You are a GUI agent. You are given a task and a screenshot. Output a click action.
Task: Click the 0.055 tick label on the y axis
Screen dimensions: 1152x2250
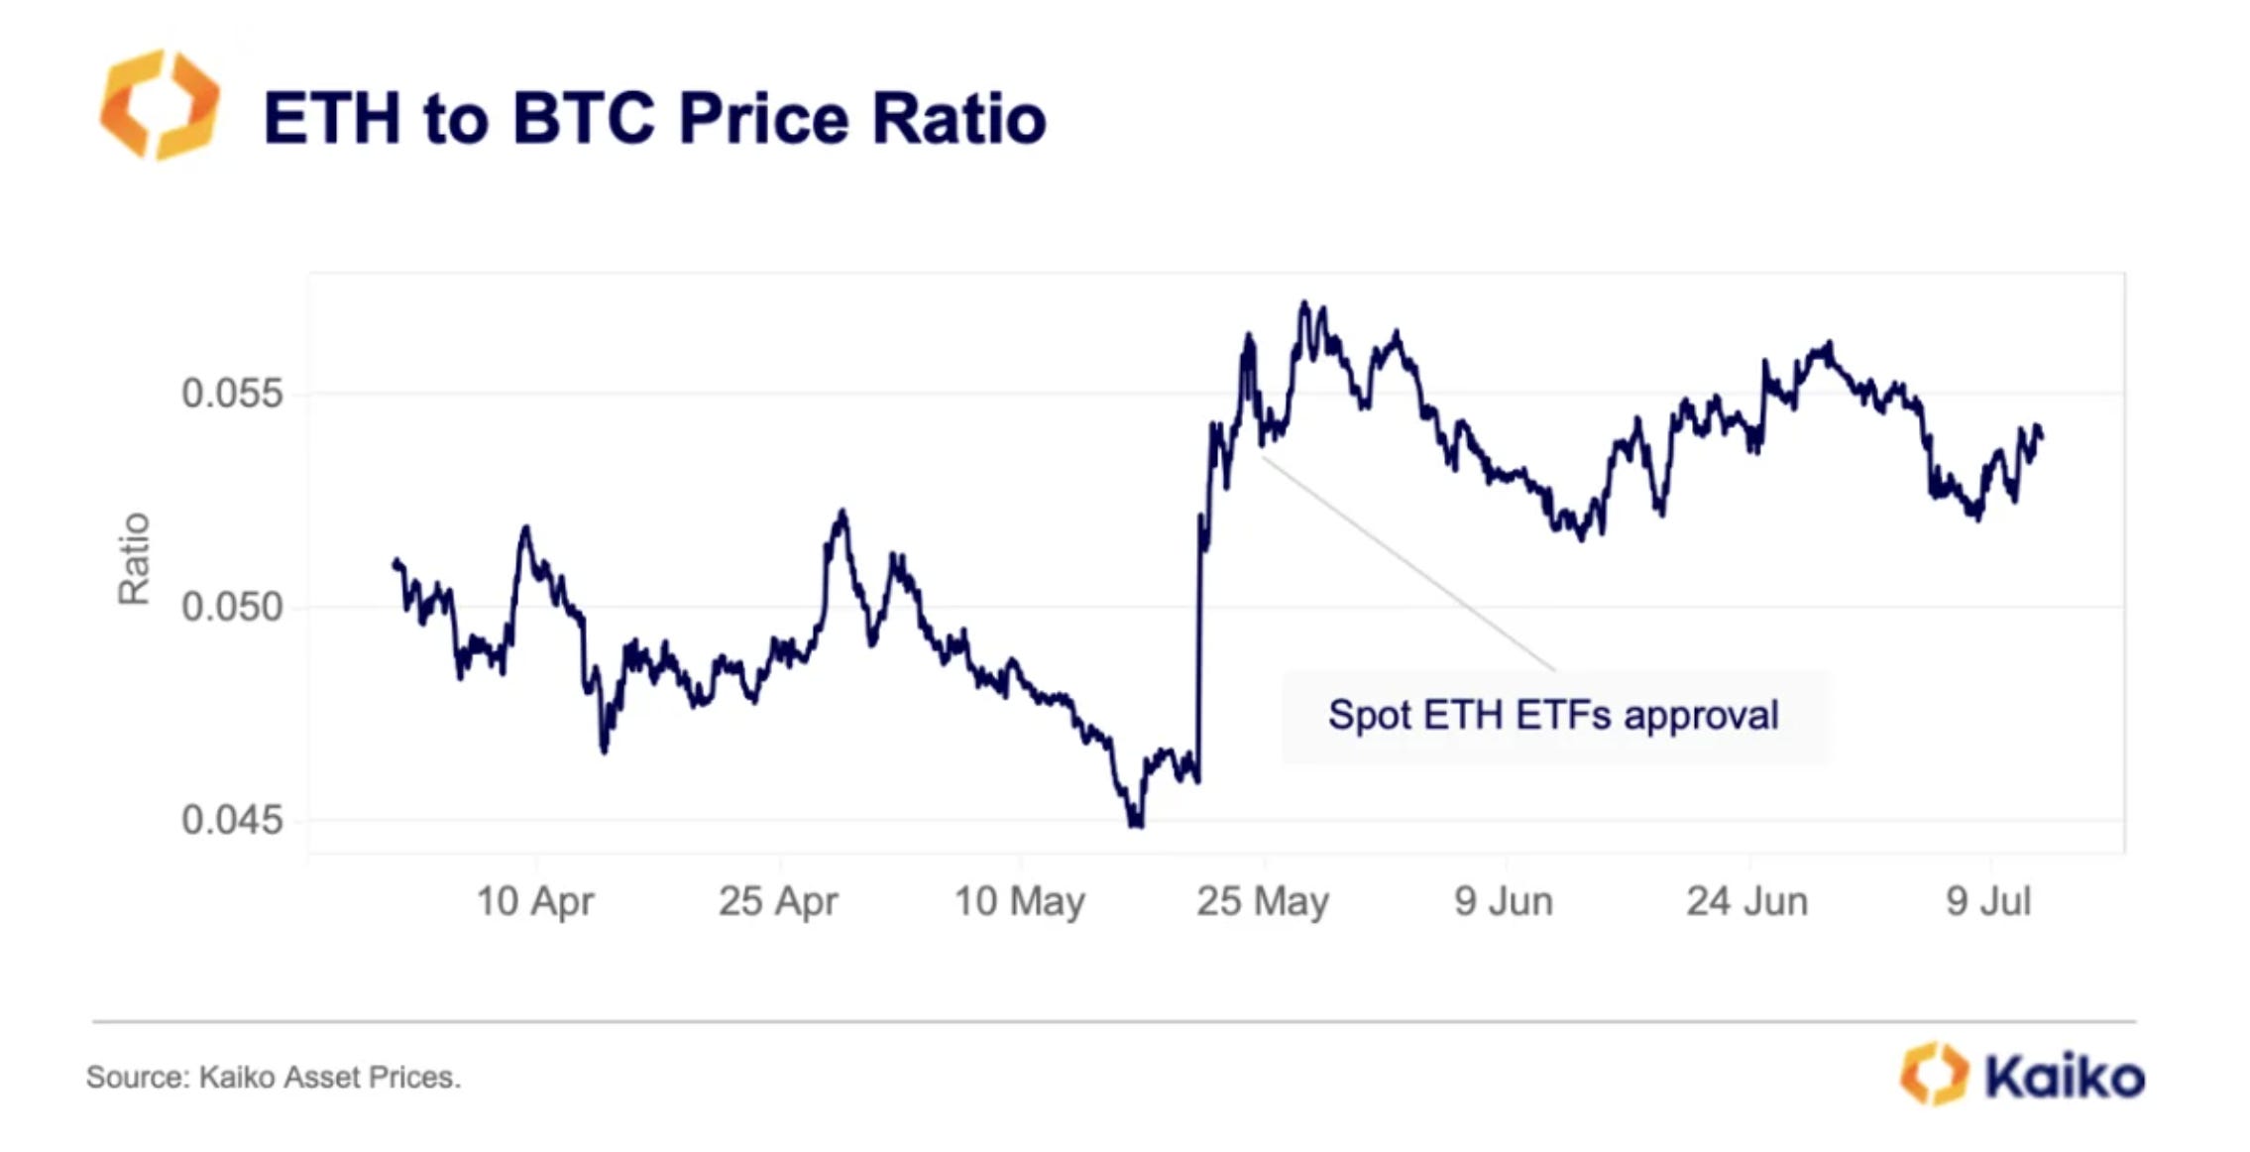click(232, 394)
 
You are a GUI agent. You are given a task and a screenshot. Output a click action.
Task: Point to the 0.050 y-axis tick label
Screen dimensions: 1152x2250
click(232, 606)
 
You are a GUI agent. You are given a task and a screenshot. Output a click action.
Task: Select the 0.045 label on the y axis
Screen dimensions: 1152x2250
click(232, 820)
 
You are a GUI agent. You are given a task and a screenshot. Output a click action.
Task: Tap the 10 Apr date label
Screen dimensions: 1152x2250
click(535, 901)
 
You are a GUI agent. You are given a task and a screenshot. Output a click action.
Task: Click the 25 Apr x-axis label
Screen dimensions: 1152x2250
click(778, 901)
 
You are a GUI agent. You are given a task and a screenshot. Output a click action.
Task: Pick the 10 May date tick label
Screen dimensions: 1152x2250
click(1020, 901)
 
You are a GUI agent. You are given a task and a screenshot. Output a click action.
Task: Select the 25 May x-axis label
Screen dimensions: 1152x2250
click(1263, 901)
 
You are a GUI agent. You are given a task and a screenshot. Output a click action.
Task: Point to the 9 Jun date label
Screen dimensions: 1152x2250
click(1504, 901)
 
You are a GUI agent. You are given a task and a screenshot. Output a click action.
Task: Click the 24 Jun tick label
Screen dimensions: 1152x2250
click(1747, 901)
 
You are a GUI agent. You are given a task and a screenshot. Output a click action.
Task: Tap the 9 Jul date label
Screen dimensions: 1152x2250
click(1988, 901)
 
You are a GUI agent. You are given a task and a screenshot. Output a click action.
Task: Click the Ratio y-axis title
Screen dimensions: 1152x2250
click(134, 558)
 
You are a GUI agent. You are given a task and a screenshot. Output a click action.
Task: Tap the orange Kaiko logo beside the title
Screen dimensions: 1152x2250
click(160, 104)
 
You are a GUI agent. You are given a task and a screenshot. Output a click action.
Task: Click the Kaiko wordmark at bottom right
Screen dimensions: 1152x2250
click(2065, 1076)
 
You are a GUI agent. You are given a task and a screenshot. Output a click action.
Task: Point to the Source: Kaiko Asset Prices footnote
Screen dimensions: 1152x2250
click(274, 1077)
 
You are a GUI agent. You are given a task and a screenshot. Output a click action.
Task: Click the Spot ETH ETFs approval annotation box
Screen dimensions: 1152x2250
click(1554, 716)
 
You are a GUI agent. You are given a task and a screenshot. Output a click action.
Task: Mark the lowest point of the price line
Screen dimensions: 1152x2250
click(1135, 824)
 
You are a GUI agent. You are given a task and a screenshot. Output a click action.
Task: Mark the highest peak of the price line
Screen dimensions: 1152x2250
click(1304, 303)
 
